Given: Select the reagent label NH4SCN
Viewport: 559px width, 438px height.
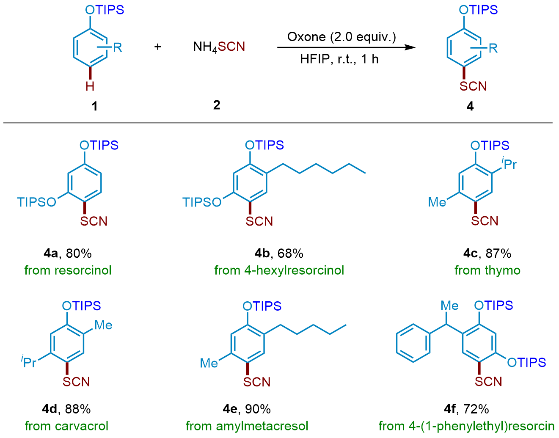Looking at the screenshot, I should coord(219,47).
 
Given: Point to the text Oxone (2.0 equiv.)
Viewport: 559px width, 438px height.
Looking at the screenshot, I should coord(341,37).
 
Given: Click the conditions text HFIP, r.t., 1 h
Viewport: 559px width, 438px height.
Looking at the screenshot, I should coord(339,59).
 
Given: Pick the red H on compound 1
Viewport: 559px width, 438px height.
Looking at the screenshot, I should coord(90,86).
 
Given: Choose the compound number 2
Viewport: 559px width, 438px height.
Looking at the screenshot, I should coord(217,105).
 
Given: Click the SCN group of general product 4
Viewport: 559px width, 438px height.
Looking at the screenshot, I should coord(473,86).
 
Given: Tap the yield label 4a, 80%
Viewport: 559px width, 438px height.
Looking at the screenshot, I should coord(68,253).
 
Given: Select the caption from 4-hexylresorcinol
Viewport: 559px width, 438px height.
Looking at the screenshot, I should coord(279,270).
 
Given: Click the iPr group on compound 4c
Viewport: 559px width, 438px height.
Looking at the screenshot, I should coord(509,163).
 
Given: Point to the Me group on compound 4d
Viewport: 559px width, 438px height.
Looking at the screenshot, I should coord(103,325).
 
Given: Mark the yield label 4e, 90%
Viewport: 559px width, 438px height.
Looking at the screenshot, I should coord(247,409).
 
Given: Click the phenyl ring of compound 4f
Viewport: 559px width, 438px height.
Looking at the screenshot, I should coord(413,344).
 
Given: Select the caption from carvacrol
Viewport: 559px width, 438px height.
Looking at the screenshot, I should coord(67,426).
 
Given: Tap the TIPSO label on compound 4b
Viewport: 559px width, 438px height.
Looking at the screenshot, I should coord(202,202).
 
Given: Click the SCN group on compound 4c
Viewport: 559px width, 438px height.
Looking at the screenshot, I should coord(485,221).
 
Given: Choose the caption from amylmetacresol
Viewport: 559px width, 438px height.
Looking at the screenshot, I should coord(247,426).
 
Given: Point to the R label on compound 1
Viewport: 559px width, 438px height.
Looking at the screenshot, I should coord(117,47).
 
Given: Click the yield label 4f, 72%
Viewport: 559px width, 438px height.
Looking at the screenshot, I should coord(466,409).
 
